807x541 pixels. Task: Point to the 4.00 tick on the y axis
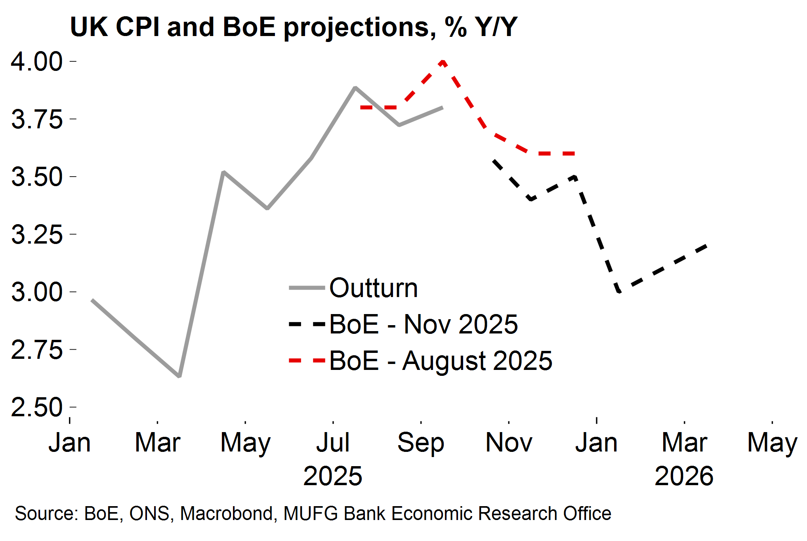tap(36, 62)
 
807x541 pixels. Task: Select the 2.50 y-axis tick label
tap(36, 407)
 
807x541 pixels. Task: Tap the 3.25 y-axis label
tap(36, 234)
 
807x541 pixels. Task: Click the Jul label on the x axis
tap(333, 442)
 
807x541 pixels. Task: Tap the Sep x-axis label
tap(421, 442)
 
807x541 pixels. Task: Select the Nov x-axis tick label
tap(509, 442)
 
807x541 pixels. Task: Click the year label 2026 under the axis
tap(684, 476)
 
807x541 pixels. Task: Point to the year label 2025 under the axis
tap(333, 476)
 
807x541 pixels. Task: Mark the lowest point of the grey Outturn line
tap(179, 375)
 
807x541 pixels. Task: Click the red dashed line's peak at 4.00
tap(443, 61)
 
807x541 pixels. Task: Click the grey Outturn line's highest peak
tap(355, 88)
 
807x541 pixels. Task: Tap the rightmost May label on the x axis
tap(772, 442)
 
